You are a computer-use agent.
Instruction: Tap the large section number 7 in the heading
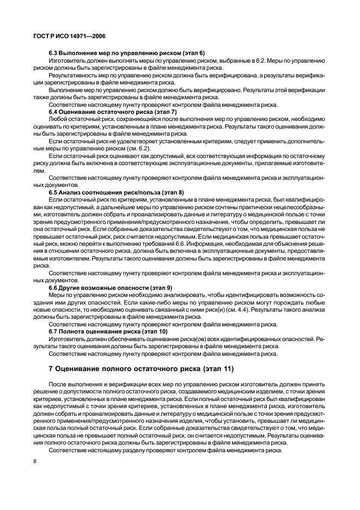51,369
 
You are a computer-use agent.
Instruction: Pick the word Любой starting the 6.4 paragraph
58,118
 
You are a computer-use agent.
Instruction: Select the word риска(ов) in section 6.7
190,338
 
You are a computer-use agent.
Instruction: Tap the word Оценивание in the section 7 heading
82,369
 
